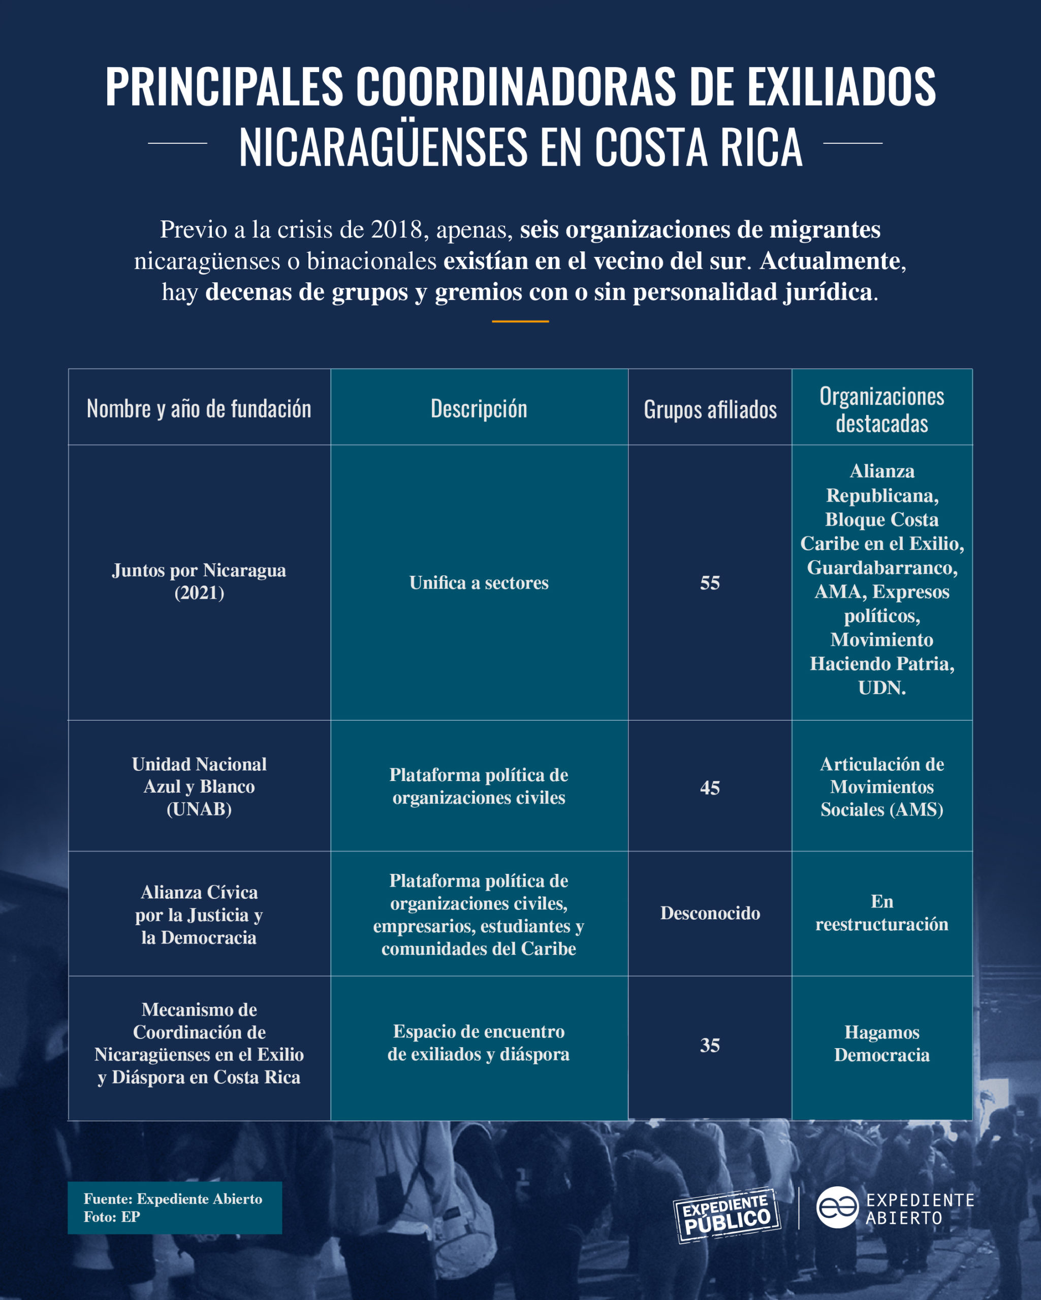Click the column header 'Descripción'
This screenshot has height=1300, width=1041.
click(479, 409)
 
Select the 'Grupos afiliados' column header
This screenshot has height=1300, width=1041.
click(710, 409)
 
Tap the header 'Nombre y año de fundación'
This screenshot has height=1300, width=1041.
click(199, 409)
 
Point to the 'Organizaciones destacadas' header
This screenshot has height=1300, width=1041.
click(882, 409)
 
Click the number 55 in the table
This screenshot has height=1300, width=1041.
click(710, 582)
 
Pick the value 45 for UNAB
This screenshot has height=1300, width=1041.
click(710, 788)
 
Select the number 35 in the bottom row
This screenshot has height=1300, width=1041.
click(710, 1045)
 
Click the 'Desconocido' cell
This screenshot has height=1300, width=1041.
click(710, 913)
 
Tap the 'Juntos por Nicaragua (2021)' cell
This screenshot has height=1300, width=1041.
click(199, 581)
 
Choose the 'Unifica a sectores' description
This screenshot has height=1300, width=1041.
click(479, 582)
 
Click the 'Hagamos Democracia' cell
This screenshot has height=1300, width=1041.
click(882, 1044)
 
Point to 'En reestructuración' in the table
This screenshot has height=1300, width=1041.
click(882, 913)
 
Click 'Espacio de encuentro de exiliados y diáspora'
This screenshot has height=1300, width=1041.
click(479, 1043)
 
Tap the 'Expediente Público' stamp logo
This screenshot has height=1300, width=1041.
click(727, 1216)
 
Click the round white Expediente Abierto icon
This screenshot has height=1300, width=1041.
click(837, 1208)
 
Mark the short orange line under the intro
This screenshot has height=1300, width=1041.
click(520, 321)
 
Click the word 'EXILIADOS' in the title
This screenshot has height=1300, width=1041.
click(842, 87)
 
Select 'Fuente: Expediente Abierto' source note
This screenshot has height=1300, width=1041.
click(173, 1199)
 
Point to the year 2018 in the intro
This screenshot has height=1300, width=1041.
click(396, 230)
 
